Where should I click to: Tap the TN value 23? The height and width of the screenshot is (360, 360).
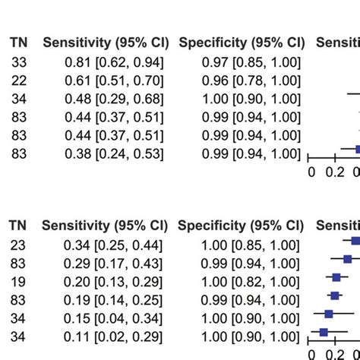click(19, 244)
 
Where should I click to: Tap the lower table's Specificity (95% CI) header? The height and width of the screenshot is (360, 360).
click(241, 226)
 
